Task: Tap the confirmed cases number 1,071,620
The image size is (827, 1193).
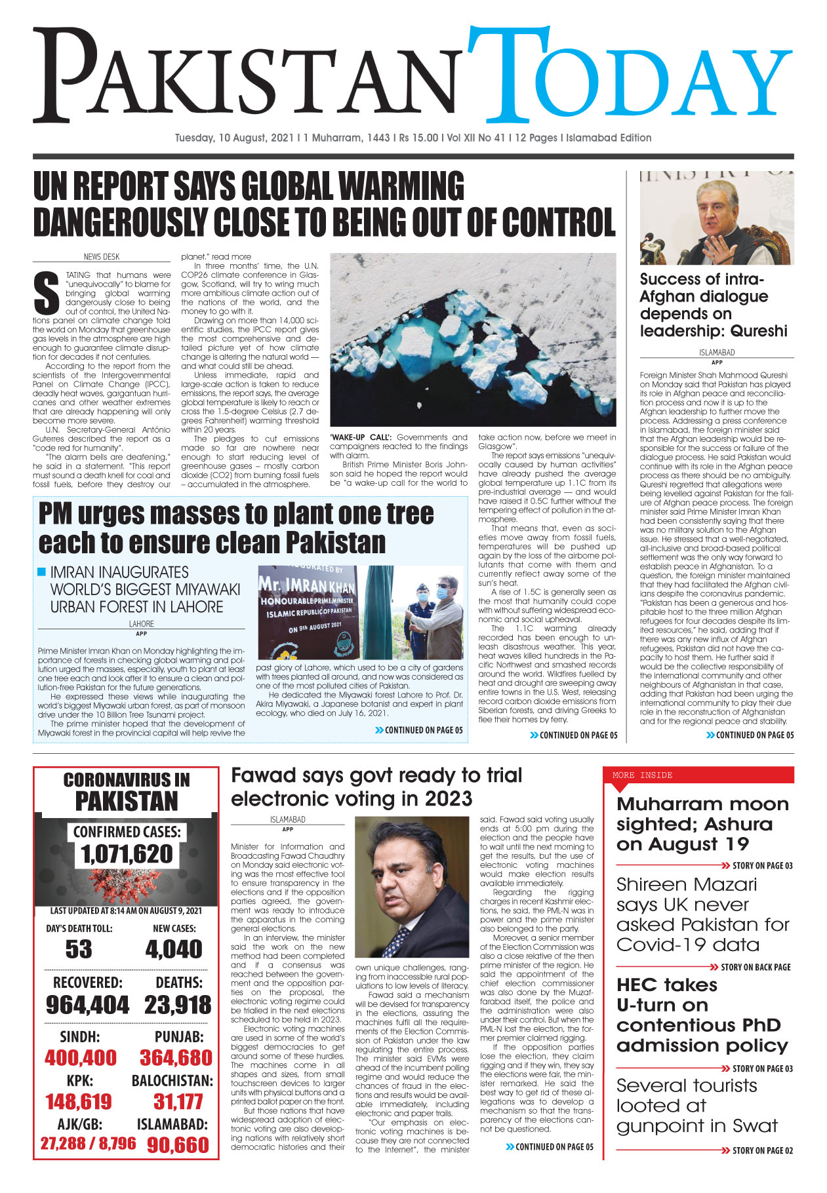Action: coord(127,854)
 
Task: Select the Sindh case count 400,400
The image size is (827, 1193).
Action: coord(81,1057)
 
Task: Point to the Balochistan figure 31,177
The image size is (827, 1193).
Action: coord(178,1101)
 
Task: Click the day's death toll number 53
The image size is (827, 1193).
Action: coord(79,949)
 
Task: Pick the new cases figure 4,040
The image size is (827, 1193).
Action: coord(174,949)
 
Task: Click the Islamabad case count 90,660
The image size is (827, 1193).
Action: coord(178,1145)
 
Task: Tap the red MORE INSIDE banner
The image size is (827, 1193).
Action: coord(698,775)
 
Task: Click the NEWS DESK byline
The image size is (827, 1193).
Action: coord(102,257)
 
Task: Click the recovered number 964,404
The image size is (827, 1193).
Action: coord(87,1005)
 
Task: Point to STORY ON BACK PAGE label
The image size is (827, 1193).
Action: coord(755,967)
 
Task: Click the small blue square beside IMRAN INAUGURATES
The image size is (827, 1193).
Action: coord(42,572)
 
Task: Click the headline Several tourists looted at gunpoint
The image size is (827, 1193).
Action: coord(696,1106)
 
